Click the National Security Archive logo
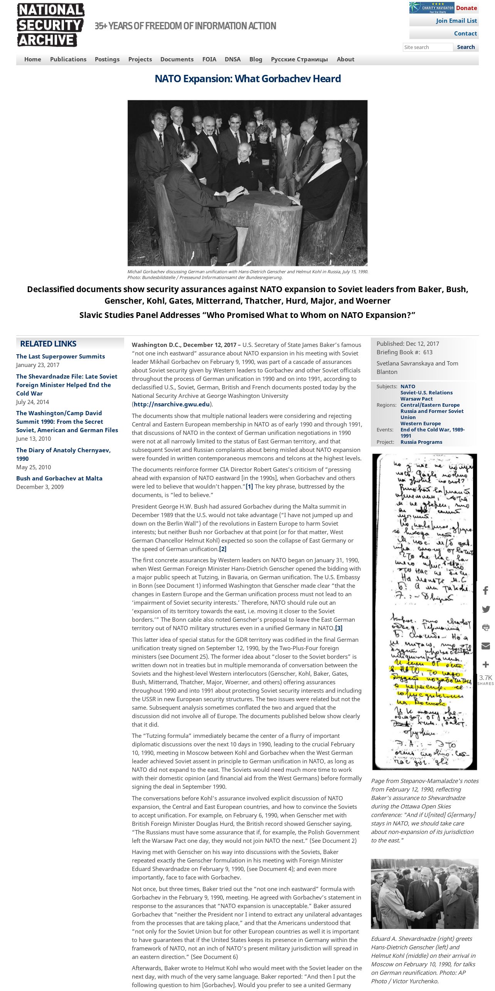(x=51, y=25)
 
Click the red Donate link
(x=466, y=8)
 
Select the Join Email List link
(x=456, y=21)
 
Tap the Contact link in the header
(x=465, y=34)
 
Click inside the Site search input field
(x=428, y=47)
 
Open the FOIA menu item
(x=209, y=59)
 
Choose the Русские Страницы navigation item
(x=299, y=59)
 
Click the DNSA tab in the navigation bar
(x=232, y=59)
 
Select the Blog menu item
(x=256, y=59)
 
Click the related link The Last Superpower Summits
(x=61, y=357)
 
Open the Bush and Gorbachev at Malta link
(x=59, y=479)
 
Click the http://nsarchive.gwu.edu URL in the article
(x=172, y=404)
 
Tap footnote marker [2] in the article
(x=222, y=549)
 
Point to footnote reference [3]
(x=338, y=628)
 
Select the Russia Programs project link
(x=421, y=442)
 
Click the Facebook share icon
(x=486, y=590)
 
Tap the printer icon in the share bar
(x=486, y=627)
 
